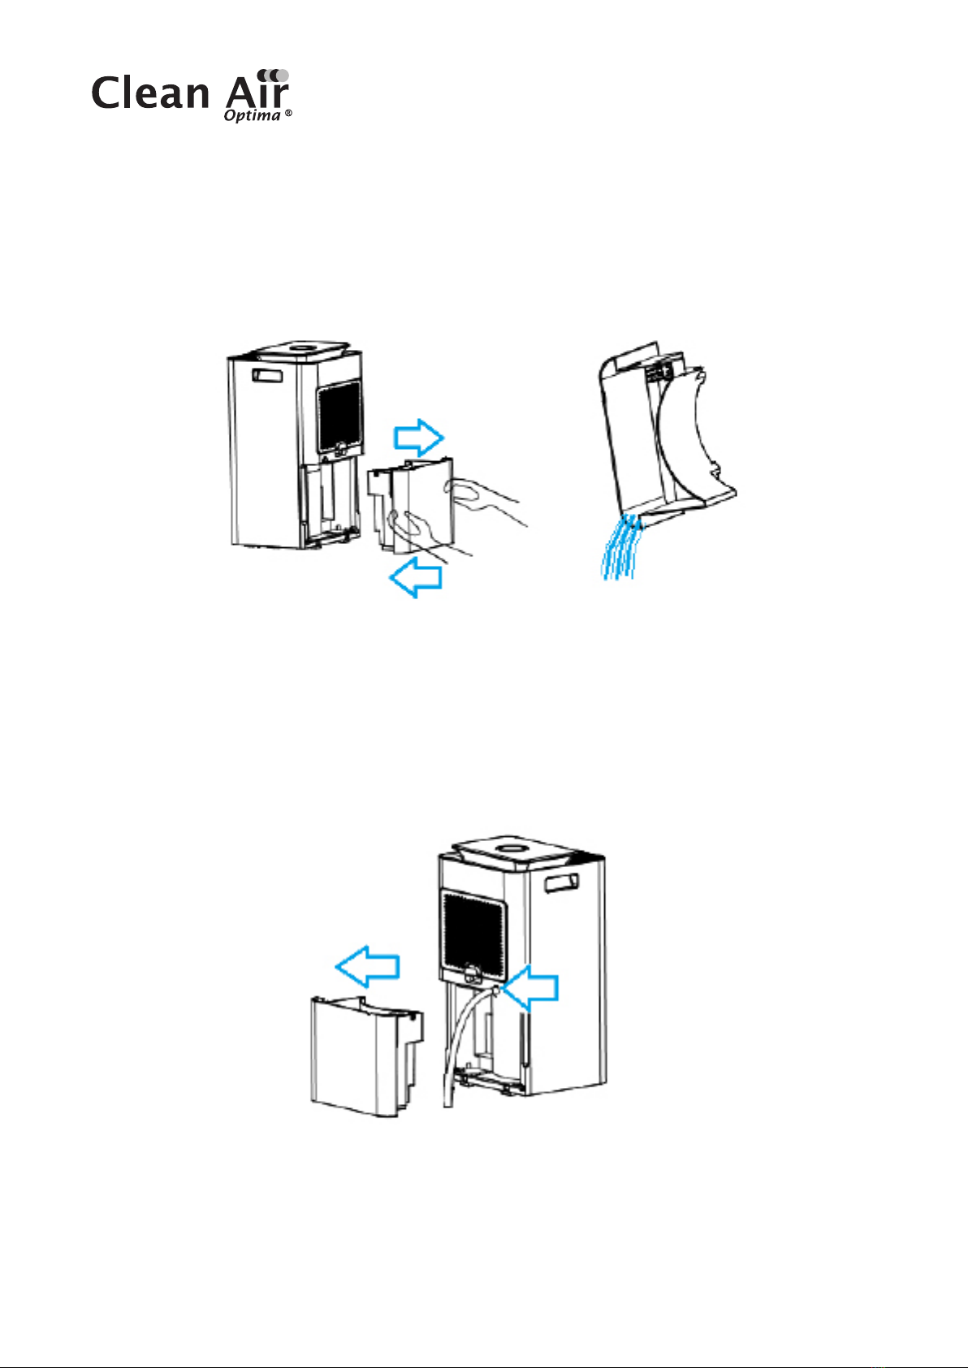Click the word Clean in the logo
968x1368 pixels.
tap(150, 93)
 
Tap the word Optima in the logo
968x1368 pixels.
tap(252, 115)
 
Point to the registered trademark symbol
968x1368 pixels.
tap(288, 114)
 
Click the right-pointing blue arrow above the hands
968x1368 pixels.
tap(419, 438)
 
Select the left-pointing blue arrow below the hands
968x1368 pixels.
tap(415, 577)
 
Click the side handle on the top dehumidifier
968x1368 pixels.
tap(267, 376)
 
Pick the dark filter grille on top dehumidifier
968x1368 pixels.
tap(339, 416)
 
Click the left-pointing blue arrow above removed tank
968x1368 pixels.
tap(368, 966)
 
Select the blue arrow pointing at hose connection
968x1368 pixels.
tap(530, 987)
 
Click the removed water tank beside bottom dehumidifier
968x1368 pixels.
tap(367, 1057)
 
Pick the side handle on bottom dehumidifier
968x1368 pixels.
tap(562, 883)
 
